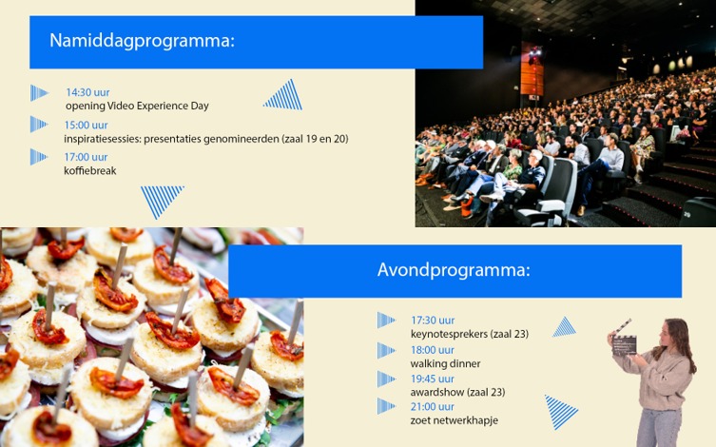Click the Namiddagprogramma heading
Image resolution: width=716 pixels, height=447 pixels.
[142, 41]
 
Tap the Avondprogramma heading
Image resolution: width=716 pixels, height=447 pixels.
[454, 270]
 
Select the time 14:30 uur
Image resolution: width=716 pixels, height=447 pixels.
[87, 92]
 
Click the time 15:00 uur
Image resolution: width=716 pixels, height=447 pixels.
[86, 125]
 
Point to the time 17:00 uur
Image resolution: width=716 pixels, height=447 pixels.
[86, 157]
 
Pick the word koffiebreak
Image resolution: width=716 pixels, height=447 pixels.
[90, 171]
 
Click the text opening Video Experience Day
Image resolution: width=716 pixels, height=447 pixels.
[137, 106]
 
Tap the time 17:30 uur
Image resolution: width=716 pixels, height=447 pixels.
[433, 321]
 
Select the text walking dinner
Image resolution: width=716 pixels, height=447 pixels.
[445, 364]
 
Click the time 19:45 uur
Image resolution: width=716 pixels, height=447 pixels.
[433, 379]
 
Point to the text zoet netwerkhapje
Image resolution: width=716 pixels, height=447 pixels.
[454, 420]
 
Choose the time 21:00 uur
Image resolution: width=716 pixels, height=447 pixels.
[433, 406]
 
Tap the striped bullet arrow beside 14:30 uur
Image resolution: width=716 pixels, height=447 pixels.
[38, 93]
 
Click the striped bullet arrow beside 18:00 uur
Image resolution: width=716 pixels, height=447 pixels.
[385, 351]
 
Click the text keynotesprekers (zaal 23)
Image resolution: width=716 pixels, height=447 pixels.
[470, 334]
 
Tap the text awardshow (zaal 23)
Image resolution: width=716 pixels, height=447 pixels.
[457, 392]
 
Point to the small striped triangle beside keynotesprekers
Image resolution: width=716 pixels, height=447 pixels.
[565, 328]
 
